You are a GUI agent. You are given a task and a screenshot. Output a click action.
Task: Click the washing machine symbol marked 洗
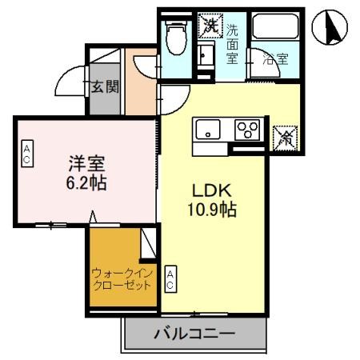[210, 26]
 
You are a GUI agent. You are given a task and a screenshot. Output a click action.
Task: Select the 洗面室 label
[232, 43]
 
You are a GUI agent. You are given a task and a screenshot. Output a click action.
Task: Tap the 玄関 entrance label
[103, 86]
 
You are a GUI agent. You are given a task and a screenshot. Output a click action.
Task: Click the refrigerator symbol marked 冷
[284, 137]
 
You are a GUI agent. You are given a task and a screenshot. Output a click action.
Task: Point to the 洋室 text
[86, 163]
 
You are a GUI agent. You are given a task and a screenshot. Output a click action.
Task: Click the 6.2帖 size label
[86, 182]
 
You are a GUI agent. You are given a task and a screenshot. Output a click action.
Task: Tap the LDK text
[211, 191]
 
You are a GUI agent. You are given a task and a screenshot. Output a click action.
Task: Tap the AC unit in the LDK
[171, 279]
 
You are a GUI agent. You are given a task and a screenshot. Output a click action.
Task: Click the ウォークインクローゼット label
[121, 278]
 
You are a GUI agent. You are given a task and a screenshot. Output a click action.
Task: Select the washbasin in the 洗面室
[206, 55]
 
